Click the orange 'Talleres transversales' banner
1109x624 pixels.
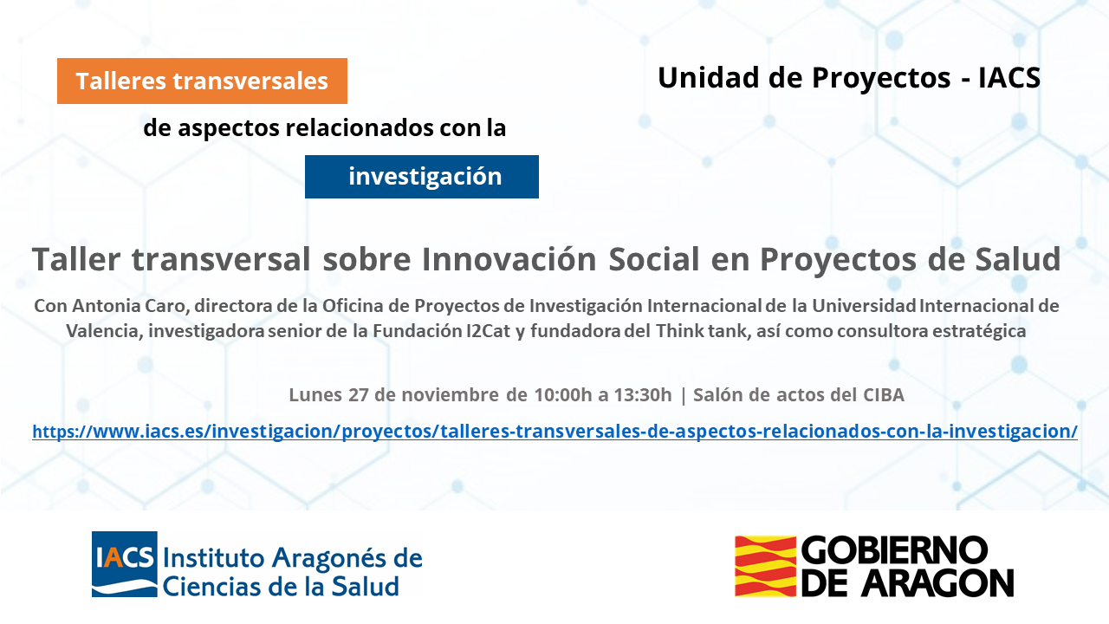(202, 81)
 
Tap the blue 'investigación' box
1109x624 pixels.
(422, 177)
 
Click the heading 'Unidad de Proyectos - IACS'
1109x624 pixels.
(848, 78)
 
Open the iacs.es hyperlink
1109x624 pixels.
(554, 432)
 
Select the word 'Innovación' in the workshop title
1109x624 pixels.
(509, 259)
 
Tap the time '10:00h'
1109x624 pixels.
(563, 394)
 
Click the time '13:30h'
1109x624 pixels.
(643, 394)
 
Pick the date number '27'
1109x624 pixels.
(359, 394)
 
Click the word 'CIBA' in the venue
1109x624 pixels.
(884, 394)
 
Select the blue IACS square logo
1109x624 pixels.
(125, 564)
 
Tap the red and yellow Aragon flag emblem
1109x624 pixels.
(765, 566)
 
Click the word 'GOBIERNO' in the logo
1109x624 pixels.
(894, 549)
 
